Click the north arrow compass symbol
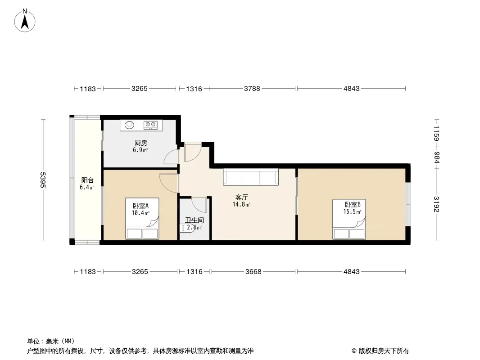[25, 21]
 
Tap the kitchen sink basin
[130, 125]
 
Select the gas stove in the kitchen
[150, 125]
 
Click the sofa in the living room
[251, 177]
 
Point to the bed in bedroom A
[142, 218]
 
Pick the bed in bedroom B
[349, 219]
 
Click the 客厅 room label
[241, 198]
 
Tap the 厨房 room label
[141, 143]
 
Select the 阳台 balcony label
[87, 180]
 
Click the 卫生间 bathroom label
[195, 220]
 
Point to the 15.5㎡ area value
[352, 211]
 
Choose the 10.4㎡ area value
[140, 213]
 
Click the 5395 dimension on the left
[43, 180]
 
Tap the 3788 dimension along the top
[252, 88]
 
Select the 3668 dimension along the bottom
[254, 272]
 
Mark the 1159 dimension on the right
[436, 133]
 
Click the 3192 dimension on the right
[436, 204]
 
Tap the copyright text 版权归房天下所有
[383, 351]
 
